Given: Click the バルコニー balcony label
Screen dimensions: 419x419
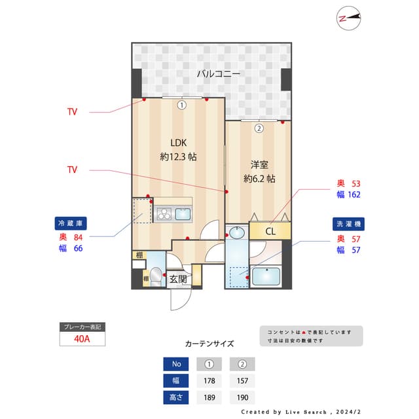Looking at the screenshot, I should tap(219, 74).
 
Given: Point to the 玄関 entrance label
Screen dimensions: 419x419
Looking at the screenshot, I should tap(178, 280).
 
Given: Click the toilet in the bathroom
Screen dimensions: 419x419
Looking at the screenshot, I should tap(156, 277).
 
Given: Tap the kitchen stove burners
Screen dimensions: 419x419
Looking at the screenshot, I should tap(163, 213).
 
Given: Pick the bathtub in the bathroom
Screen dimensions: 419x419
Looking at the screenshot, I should tap(266, 278).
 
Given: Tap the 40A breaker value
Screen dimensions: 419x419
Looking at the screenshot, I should tap(81, 338).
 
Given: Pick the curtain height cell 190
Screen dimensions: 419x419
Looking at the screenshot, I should tap(242, 397).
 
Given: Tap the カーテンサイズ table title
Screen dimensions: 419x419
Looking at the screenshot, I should tap(209, 344).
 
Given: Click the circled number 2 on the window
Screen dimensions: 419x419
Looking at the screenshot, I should tap(259, 128).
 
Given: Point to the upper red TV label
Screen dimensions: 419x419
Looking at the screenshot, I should tap(72, 112).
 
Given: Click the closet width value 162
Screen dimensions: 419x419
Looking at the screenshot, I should tap(354, 194).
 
